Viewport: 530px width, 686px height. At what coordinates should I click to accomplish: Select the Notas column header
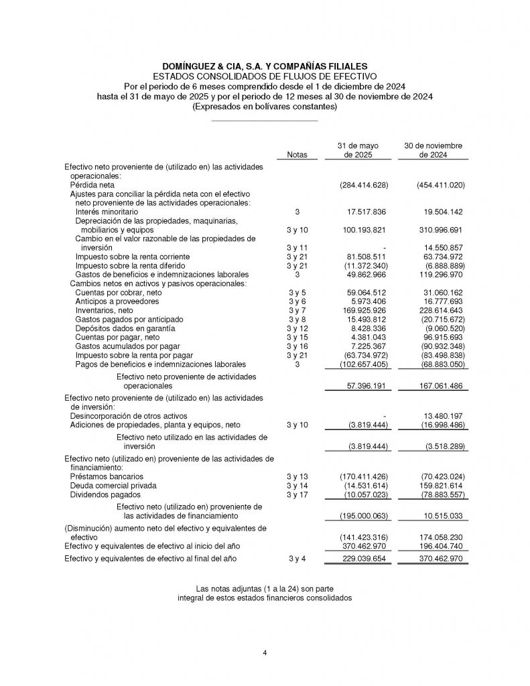(x=297, y=155)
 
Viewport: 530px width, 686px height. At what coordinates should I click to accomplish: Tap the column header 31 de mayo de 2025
(x=358, y=150)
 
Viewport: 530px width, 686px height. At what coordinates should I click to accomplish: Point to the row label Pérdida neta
(x=92, y=184)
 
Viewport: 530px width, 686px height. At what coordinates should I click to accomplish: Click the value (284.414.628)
(x=360, y=184)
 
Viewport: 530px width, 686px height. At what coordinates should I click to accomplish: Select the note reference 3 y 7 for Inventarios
(x=297, y=311)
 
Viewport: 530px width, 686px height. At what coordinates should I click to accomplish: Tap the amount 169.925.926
(x=362, y=311)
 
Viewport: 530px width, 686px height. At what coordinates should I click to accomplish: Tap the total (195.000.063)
(x=360, y=516)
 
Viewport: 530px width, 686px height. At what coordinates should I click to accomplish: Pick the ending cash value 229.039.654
(x=362, y=558)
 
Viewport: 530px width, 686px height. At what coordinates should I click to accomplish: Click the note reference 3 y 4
(x=297, y=558)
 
